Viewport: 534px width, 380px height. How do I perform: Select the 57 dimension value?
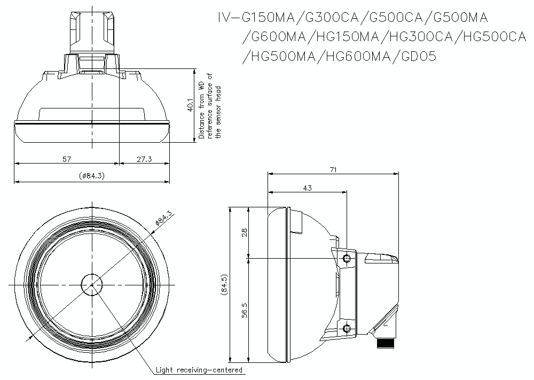67,159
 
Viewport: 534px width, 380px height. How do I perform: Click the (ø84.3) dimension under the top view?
91,175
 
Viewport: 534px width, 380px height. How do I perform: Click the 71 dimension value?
333,169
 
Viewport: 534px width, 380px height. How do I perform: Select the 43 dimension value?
307,188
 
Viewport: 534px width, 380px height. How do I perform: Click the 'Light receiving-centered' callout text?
199,370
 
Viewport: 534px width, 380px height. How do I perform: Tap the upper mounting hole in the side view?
347,259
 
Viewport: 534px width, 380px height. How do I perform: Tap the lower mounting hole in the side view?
347,328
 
